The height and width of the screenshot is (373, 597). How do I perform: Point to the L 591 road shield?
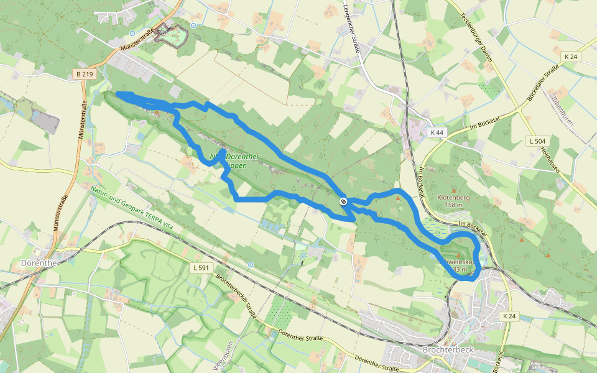(x=198, y=267)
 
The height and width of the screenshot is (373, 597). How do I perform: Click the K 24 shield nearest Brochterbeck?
(x=508, y=316)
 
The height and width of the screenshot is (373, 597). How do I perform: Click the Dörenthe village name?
(x=39, y=262)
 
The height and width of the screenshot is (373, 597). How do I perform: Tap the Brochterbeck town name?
(x=447, y=349)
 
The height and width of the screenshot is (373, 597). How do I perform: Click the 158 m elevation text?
(x=455, y=205)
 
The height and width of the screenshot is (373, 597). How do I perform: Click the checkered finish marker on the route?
(x=343, y=201)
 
